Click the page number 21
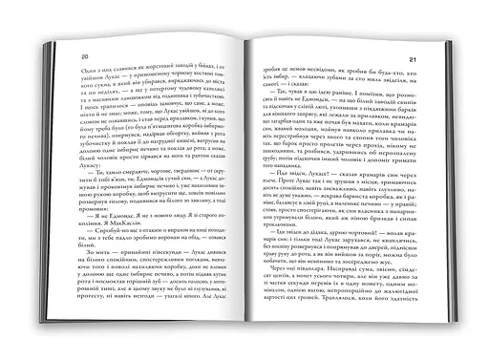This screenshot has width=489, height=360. [413, 65]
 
